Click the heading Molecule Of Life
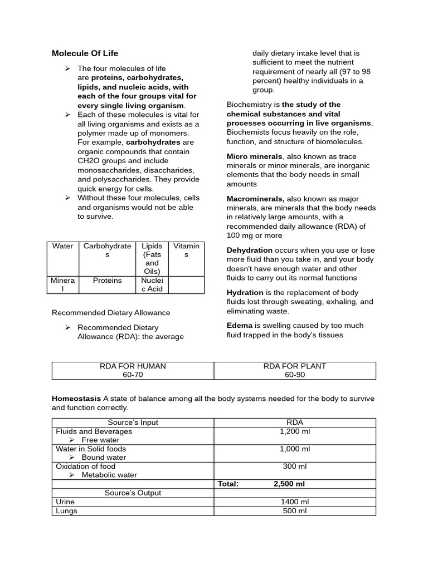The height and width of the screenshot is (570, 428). coord(85,53)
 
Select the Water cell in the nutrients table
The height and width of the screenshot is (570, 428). coord(62,246)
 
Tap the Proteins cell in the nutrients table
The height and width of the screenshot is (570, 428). coord(107,281)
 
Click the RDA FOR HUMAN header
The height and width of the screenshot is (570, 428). coord(133,366)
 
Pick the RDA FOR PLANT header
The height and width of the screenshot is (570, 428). coord(295,366)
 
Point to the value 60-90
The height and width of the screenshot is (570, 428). coord(295,375)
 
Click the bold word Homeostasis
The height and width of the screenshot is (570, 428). coord(76,399)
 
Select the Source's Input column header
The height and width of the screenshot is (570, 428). coord(133,422)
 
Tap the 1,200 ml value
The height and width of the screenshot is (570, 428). coord(295,431)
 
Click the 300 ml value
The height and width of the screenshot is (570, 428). coord(295,466)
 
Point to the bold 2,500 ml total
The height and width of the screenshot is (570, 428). coord(289,484)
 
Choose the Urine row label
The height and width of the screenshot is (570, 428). coord(65,502)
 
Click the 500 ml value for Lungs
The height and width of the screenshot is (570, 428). coord(295,510)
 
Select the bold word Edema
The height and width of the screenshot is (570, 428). coord(240,326)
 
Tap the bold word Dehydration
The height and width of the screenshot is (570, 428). coord(250,250)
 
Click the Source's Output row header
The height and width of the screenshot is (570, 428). coord(133,493)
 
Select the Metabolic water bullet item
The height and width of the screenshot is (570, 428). coord(109,475)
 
